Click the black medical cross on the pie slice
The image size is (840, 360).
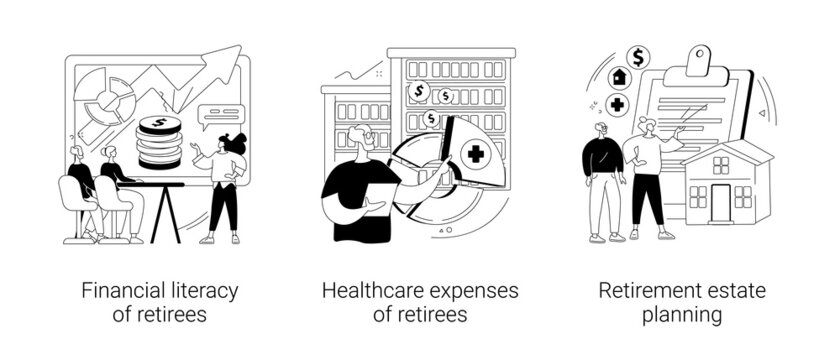click(472, 156)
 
